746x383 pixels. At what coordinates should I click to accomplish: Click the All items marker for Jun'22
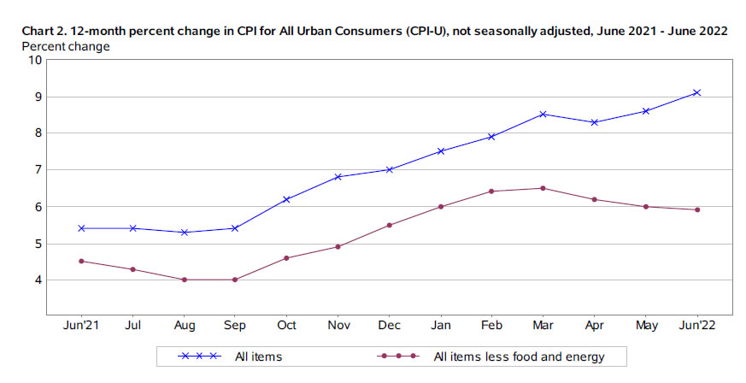click(x=697, y=92)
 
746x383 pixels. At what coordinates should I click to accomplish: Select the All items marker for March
click(x=543, y=114)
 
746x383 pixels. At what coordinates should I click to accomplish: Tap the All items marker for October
click(x=287, y=199)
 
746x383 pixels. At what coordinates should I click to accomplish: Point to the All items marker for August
click(x=185, y=232)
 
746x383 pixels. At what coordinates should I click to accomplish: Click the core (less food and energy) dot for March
click(x=543, y=188)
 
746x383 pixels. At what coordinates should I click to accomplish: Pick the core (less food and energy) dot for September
click(x=236, y=280)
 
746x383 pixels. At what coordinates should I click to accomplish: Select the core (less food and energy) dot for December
click(x=390, y=225)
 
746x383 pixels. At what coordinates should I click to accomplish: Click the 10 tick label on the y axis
click(x=35, y=60)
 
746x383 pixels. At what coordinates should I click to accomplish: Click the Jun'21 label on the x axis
click(x=82, y=326)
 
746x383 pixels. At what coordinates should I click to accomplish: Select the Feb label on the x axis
click(x=492, y=326)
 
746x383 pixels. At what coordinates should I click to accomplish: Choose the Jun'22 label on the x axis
click(x=697, y=326)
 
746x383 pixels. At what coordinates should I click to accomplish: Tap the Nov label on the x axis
click(x=338, y=326)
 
